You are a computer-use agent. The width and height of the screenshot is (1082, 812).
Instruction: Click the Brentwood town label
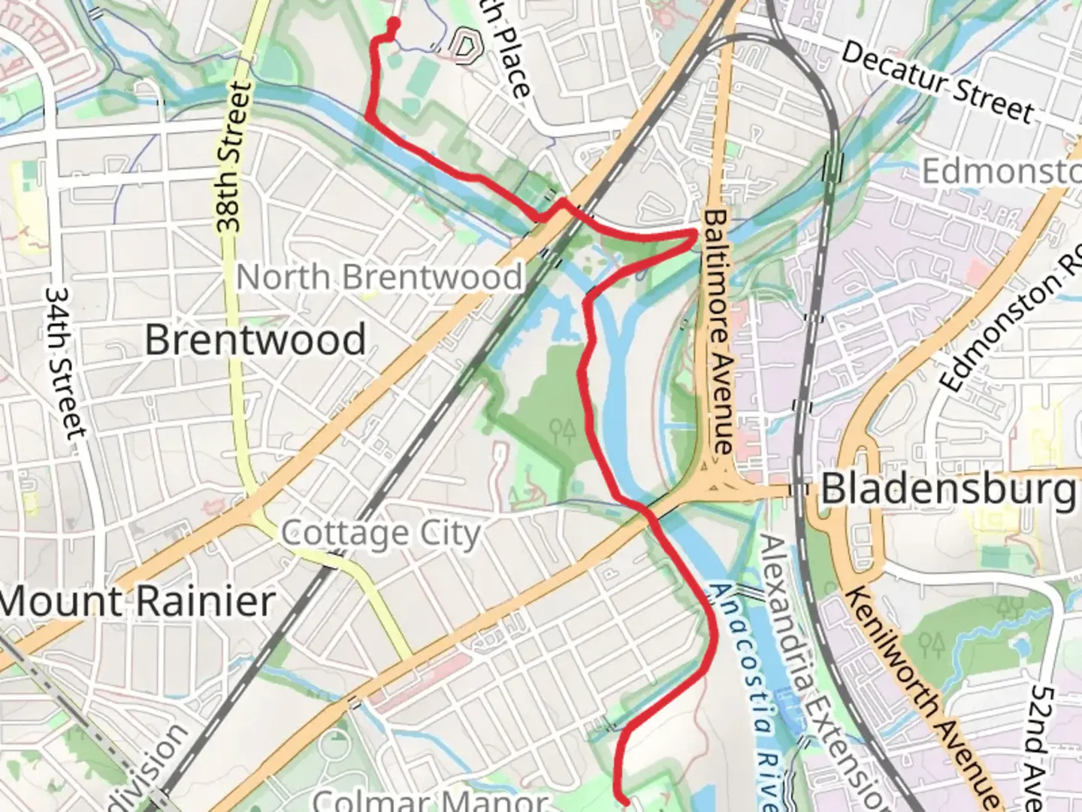[255, 340]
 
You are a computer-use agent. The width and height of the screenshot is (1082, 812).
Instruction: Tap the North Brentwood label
[379, 277]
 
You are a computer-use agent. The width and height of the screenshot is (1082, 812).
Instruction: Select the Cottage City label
[380, 534]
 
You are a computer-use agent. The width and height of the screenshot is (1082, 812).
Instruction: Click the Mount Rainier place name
[138, 602]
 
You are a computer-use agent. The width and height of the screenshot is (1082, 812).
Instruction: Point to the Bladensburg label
[948, 489]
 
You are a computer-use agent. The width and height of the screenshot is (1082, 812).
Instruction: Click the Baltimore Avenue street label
[718, 331]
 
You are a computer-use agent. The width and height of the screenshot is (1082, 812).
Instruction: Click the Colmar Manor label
[430, 800]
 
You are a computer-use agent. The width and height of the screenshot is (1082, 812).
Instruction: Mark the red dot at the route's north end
[392, 23]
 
